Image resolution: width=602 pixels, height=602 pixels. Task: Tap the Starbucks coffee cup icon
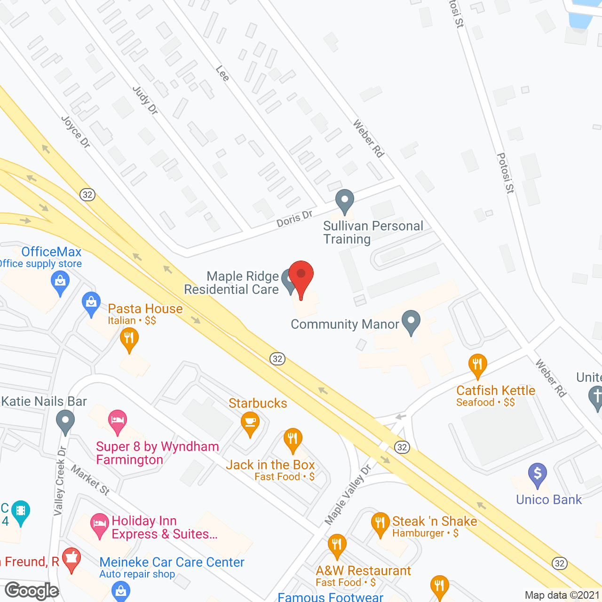(x=250, y=422)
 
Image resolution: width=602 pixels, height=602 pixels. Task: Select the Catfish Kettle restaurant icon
(x=477, y=364)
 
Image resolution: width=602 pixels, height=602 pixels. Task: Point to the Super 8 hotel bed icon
(x=117, y=420)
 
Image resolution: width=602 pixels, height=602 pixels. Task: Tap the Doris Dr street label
(x=294, y=219)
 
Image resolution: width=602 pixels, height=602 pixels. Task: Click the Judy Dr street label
(x=145, y=100)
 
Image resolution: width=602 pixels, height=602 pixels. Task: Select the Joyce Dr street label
(x=76, y=132)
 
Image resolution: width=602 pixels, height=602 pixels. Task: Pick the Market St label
(x=90, y=480)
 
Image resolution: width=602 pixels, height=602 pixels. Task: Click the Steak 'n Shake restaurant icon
(x=380, y=523)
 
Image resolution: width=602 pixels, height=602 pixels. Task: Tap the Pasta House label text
(x=145, y=309)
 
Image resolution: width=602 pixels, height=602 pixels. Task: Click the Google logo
(x=32, y=591)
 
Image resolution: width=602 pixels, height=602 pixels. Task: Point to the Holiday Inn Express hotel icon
(x=99, y=524)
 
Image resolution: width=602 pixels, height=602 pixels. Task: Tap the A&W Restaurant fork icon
(x=337, y=545)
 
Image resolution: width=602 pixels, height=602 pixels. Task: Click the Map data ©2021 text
(x=562, y=595)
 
